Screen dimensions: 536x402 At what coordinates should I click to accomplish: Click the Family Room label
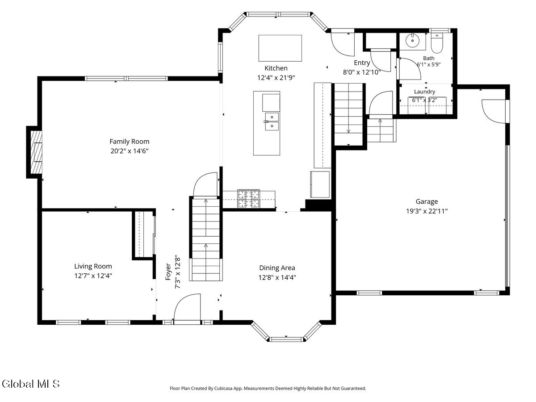pos(129,141)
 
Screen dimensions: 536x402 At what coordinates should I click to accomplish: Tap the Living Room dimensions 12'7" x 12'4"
pos(93,276)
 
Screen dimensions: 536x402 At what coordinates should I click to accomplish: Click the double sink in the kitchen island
pos(272,121)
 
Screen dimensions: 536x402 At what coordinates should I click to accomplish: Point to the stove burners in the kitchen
pos(249,199)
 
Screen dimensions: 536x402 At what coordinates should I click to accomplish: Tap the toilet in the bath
pos(437,43)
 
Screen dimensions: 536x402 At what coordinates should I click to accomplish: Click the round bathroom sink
pos(412,40)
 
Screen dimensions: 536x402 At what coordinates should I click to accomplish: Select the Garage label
pos(427,201)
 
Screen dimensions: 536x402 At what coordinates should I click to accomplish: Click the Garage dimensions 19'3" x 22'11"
pos(427,211)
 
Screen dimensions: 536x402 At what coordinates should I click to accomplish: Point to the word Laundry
pos(424,92)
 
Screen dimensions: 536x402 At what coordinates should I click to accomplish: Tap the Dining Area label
pos(277,268)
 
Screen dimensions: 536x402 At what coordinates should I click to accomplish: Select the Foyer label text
pos(168,272)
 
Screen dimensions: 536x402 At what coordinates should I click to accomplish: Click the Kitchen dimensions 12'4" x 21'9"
pos(276,78)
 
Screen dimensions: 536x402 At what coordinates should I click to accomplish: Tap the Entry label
pos(362,63)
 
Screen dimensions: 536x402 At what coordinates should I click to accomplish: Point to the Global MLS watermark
pos(30,384)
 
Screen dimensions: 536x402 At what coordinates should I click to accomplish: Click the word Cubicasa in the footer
pos(223,388)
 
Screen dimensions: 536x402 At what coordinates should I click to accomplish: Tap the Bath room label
pos(428,58)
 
